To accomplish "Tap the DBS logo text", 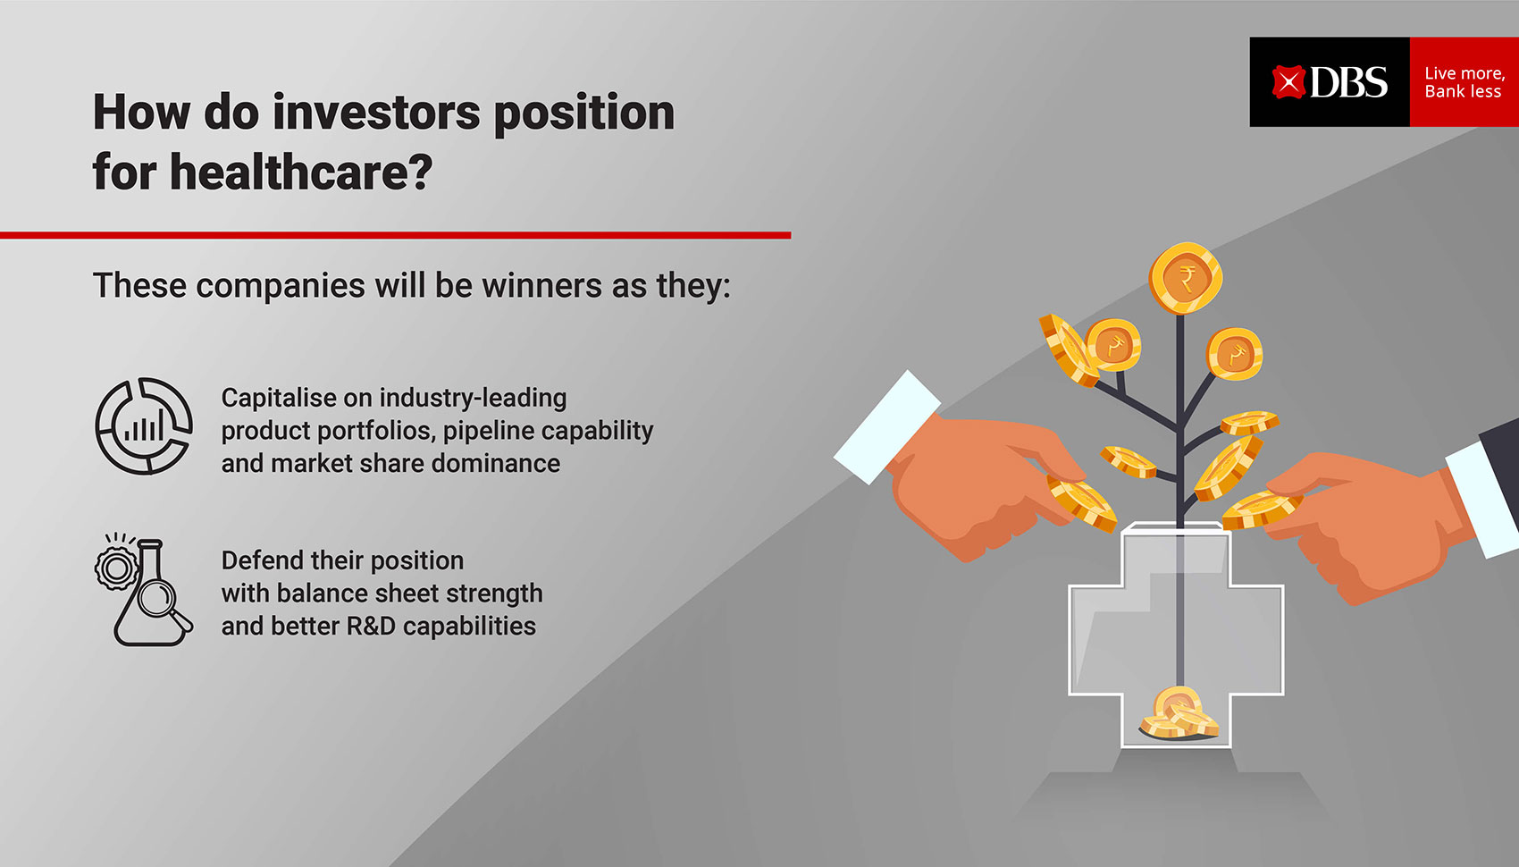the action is (x=1348, y=83).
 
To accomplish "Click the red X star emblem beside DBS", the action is (x=1288, y=82).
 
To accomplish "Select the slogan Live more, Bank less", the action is (x=1464, y=82).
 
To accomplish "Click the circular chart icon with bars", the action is (x=144, y=426).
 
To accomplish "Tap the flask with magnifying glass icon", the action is (x=154, y=593).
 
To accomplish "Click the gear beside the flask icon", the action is (x=116, y=568).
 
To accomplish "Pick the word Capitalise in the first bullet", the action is (x=279, y=399).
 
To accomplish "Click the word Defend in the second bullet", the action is (x=262, y=560).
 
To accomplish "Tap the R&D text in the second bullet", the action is (x=370, y=627).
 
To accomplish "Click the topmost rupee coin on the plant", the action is (x=1186, y=278).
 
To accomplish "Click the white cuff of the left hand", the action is (x=887, y=426).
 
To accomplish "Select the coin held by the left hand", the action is (x=1081, y=503).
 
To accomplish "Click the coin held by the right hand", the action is (x=1261, y=509).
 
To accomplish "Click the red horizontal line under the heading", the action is (x=395, y=235).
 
